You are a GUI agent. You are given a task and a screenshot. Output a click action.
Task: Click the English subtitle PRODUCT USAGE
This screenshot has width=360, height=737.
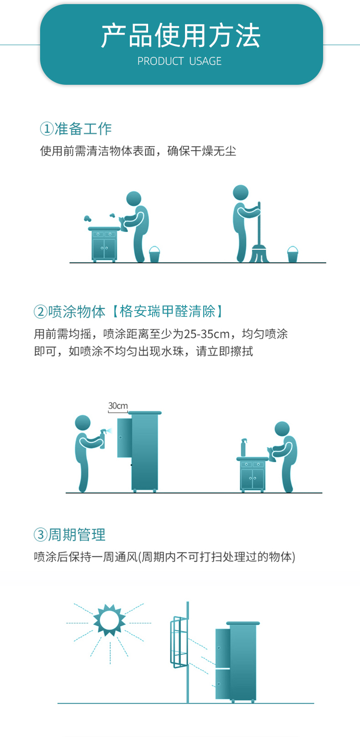click(180, 61)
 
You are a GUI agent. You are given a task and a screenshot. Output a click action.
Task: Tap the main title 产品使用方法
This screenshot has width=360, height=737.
click(180, 36)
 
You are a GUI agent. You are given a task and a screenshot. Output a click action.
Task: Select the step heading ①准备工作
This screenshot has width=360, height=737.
click(76, 129)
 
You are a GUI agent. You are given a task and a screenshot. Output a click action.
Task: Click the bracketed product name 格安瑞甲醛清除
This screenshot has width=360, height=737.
click(168, 311)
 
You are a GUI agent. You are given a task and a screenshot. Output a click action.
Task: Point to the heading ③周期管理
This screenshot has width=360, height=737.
click(70, 535)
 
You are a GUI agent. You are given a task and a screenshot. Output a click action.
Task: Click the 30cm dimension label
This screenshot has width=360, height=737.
click(118, 406)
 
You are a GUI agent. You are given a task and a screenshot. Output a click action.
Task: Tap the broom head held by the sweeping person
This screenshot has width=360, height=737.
click(259, 254)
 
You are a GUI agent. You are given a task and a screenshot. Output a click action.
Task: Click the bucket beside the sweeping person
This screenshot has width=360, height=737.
click(293, 254)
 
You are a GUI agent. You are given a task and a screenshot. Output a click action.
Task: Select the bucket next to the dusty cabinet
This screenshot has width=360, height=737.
click(154, 254)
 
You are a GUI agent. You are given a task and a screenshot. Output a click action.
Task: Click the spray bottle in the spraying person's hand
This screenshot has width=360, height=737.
click(103, 438)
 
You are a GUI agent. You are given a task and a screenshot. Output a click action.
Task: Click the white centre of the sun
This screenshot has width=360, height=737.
click(109, 620)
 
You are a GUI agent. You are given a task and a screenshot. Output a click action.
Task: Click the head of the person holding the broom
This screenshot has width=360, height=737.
click(241, 192)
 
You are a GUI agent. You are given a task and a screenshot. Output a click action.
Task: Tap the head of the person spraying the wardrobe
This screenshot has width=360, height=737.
click(82, 423)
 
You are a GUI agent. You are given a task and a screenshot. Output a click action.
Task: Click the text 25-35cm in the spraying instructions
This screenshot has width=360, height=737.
click(206, 334)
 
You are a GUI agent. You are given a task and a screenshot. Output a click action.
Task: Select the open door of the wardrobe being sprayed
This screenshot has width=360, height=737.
click(124, 438)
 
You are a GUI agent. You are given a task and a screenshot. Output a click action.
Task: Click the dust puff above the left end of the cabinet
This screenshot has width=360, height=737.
click(87, 218)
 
